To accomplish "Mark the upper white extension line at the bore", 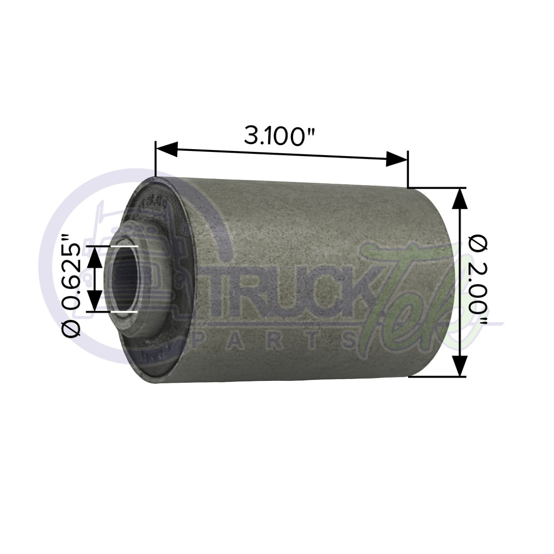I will point(121,247).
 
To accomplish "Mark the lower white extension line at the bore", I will point(121,312).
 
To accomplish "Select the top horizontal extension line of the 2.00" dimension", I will point(436,187).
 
